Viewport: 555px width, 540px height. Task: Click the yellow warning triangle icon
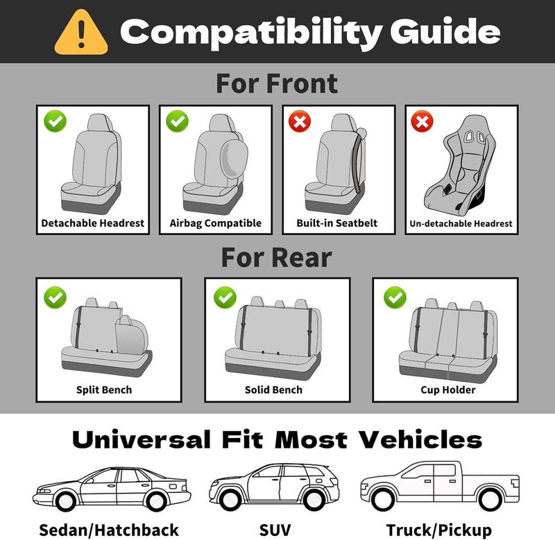pos(81,32)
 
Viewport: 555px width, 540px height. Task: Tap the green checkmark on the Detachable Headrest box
pos(55,123)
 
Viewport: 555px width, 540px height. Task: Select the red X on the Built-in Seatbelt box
pos(300,123)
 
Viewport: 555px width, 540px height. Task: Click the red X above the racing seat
pos(422,123)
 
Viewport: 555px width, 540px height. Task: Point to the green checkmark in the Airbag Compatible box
pos(178,123)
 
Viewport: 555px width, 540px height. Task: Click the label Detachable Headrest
pos(93,223)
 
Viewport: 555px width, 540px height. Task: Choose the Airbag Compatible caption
pos(216,223)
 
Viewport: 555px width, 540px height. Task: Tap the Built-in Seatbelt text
pos(337,223)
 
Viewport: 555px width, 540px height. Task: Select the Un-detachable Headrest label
pos(461,223)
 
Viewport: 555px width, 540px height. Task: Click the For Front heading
pos(277,83)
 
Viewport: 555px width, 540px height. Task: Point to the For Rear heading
pos(277,257)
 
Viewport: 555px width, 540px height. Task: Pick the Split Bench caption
pos(104,390)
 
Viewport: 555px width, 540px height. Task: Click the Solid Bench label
pos(273,390)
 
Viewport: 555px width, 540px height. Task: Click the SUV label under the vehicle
pos(275,530)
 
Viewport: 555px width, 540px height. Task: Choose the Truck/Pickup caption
pos(439,530)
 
